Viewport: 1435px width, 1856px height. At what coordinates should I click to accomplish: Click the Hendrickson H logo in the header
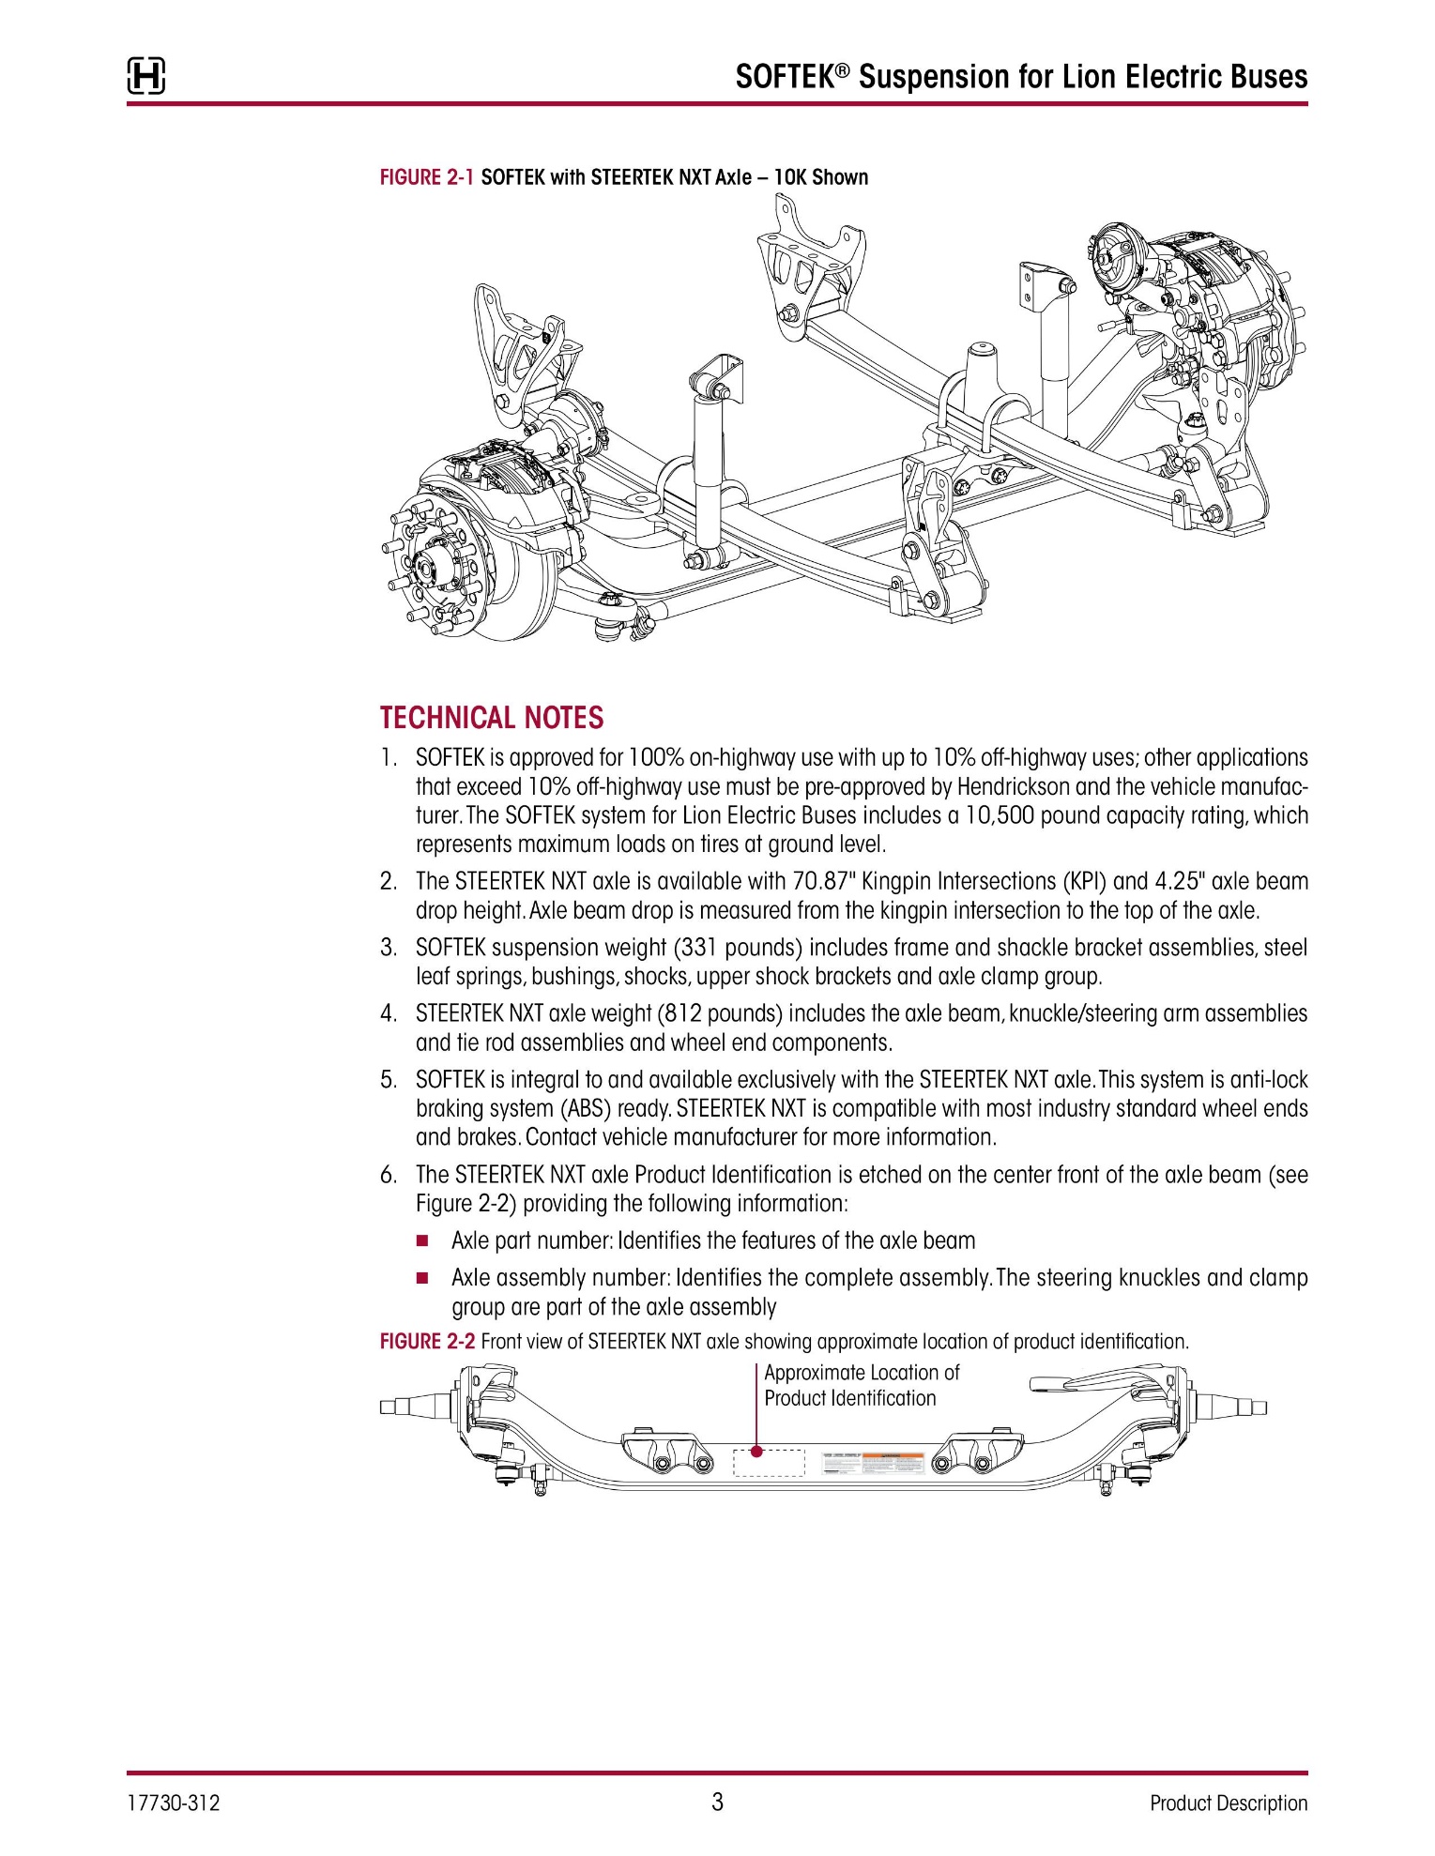[146, 76]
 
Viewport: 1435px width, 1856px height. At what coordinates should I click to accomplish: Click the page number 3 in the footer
[717, 1802]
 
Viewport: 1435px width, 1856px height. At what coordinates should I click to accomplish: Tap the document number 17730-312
[174, 1803]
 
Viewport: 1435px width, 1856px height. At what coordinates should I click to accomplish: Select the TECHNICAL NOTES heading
[492, 718]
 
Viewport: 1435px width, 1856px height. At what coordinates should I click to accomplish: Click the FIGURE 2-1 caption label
[427, 177]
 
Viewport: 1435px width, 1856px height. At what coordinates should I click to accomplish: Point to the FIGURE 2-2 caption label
[427, 1342]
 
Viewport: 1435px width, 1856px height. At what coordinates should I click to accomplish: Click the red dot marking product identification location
[758, 1452]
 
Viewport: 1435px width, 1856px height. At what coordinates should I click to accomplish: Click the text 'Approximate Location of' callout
[862, 1373]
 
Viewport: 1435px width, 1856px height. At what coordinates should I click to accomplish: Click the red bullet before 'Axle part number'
[422, 1241]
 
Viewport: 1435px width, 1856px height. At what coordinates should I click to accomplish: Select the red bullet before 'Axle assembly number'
[422, 1278]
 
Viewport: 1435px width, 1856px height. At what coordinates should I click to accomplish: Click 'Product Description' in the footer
[1228, 1803]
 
